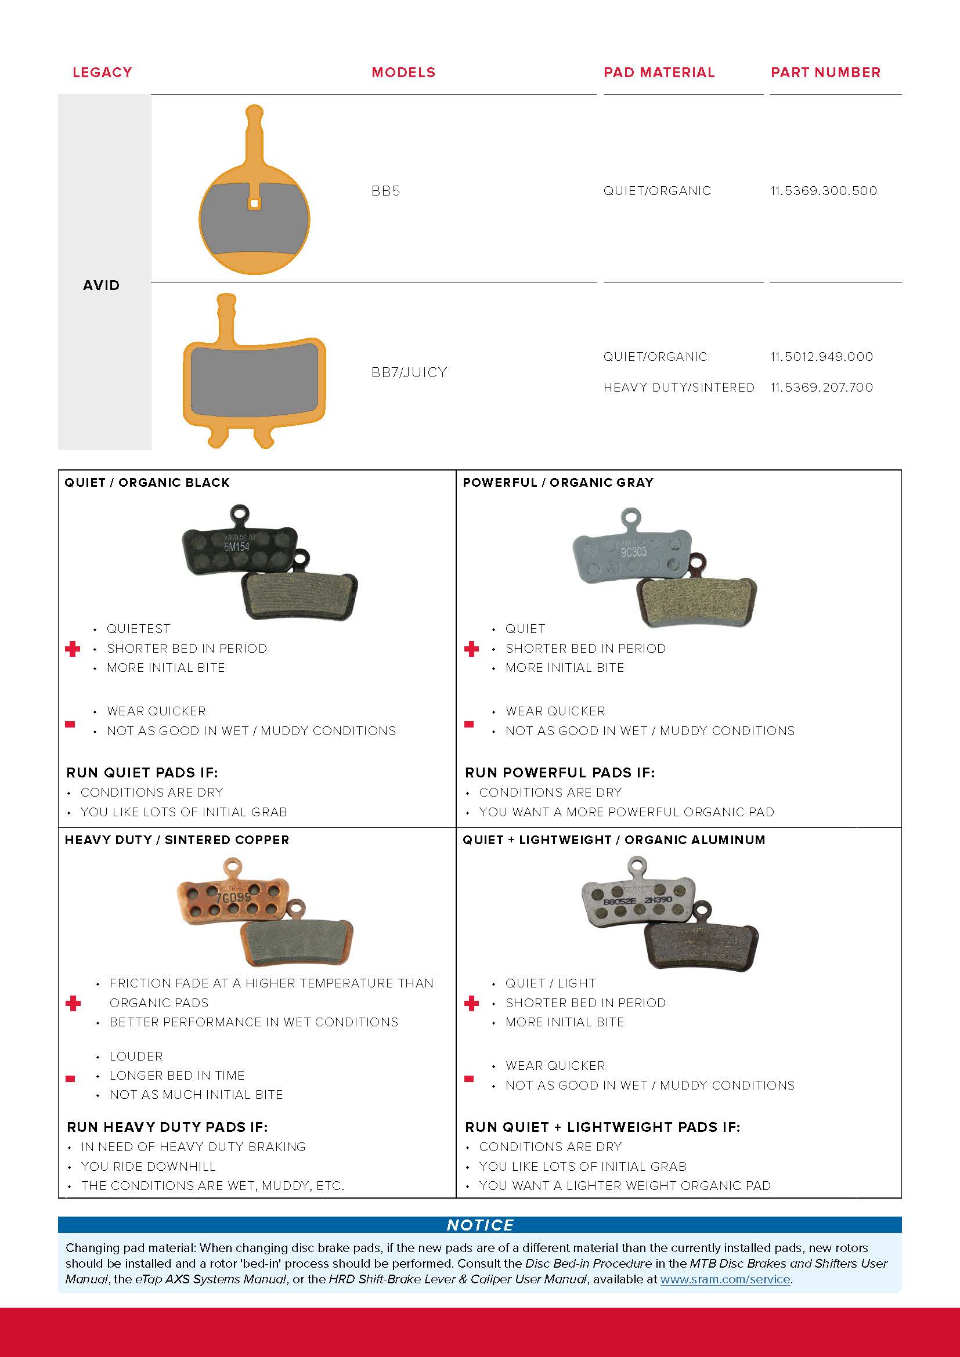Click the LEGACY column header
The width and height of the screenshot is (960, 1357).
tap(102, 72)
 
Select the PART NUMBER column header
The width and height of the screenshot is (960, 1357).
tap(825, 72)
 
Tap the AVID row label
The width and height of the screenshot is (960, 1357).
tap(101, 285)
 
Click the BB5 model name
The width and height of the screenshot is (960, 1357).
tap(385, 190)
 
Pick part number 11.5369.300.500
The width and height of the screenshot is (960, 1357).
tap(824, 190)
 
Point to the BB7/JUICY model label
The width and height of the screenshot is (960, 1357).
tap(409, 372)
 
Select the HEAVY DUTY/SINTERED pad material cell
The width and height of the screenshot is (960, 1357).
tap(679, 387)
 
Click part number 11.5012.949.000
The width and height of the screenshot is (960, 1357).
tap(822, 356)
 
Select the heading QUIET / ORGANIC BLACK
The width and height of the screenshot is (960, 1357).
tap(147, 482)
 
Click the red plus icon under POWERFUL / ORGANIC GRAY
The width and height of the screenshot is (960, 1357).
tap(471, 649)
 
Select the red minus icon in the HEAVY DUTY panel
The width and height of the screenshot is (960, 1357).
tap(70, 1079)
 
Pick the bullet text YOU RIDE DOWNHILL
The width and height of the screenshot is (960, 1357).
tap(148, 1166)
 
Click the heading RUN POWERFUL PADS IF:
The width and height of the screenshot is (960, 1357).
tap(559, 772)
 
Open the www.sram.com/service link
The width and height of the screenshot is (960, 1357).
tap(725, 1279)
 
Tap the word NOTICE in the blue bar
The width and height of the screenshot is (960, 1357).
tap(479, 1225)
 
